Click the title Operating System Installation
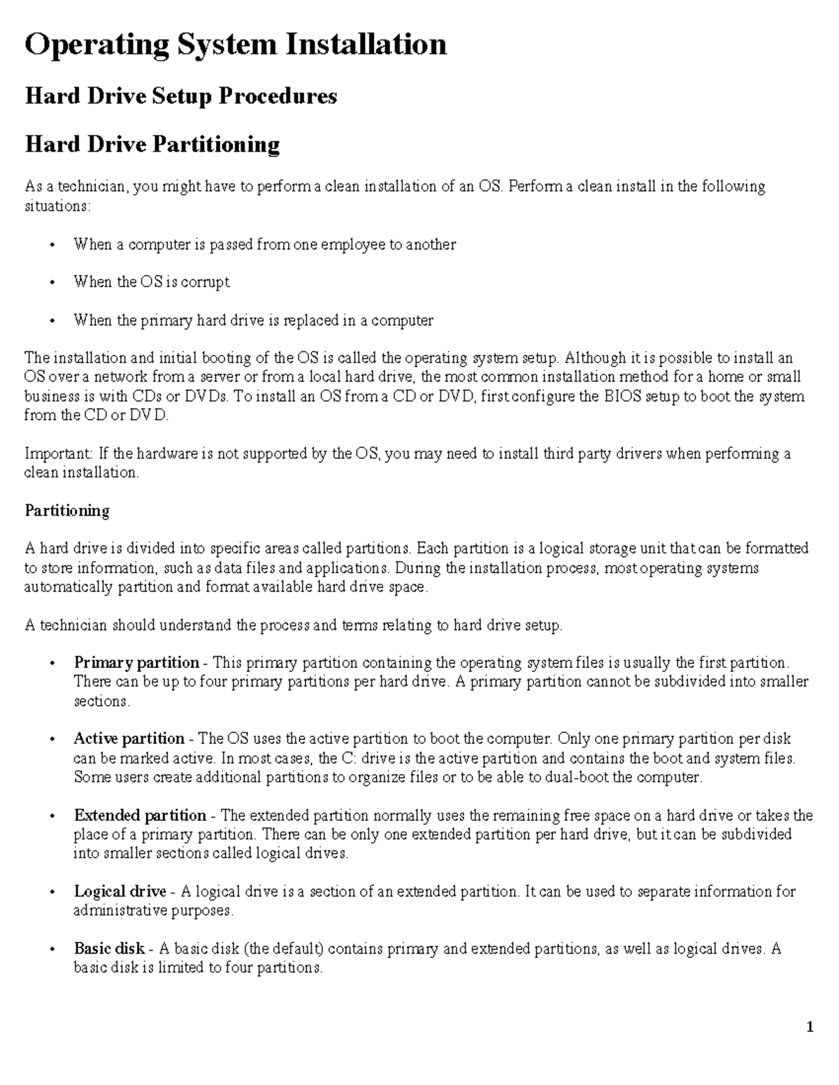pyautogui.click(x=236, y=45)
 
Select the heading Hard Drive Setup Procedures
pyautogui.click(x=181, y=96)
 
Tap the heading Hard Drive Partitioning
pyautogui.click(x=152, y=145)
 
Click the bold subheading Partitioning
pyautogui.click(x=67, y=511)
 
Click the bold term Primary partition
pyautogui.click(x=136, y=662)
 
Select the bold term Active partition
pyautogui.click(x=129, y=738)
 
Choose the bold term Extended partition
pyautogui.click(x=140, y=815)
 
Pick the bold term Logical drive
pyautogui.click(x=120, y=891)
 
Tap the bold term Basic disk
pyautogui.click(x=109, y=949)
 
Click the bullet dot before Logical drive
pyautogui.click(x=52, y=893)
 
